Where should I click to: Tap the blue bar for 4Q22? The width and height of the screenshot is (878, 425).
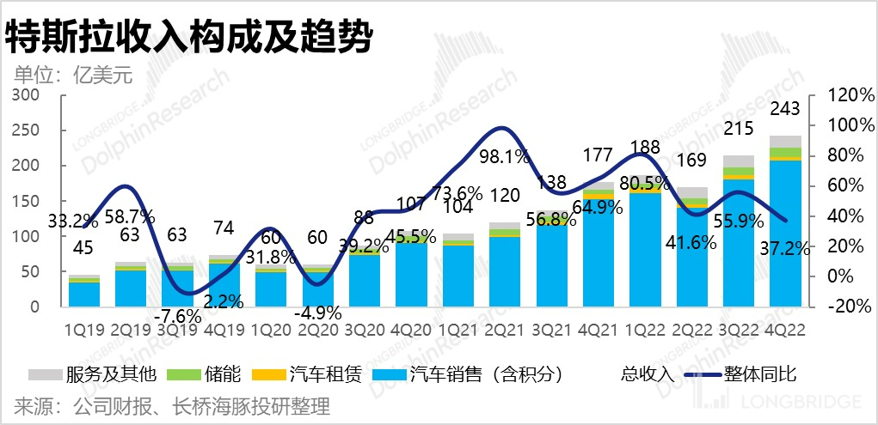pos(785,232)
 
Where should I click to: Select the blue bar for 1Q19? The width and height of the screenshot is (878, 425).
pos(84,294)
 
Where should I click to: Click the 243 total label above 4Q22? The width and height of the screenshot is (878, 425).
pos(785,109)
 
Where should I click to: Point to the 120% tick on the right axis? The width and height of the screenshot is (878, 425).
pos(850,94)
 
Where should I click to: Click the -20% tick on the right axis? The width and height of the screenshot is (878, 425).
pos(850,307)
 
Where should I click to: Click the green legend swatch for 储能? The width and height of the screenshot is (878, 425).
pos(175,375)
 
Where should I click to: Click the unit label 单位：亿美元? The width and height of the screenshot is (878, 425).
pos(73,75)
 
